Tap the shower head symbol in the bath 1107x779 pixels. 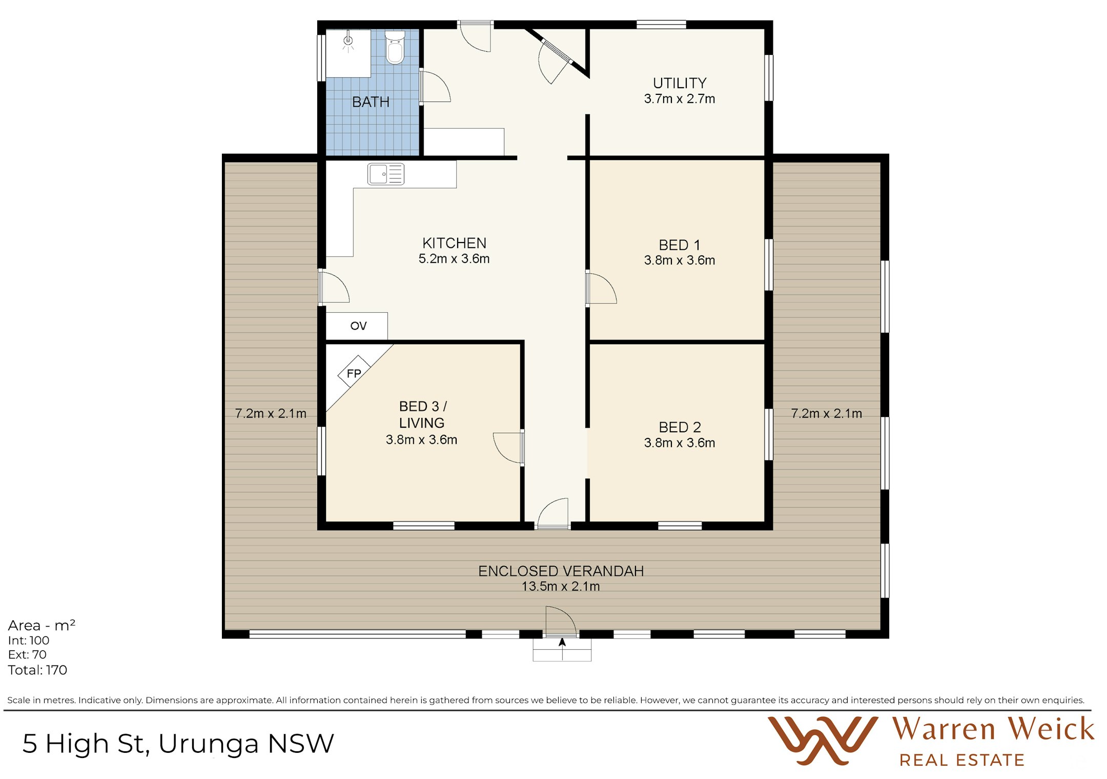click(348, 41)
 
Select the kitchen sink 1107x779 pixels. click(386, 174)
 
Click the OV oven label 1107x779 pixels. click(358, 326)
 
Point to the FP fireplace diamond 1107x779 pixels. click(354, 373)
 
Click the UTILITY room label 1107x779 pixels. click(680, 83)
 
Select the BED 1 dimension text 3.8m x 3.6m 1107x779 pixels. click(679, 261)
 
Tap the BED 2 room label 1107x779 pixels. click(680, 427)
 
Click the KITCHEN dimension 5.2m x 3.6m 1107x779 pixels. click(454, 259)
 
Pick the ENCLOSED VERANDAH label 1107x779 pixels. click(561, 571)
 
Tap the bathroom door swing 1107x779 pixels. click(436, 87)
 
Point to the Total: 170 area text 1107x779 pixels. click(37, 670)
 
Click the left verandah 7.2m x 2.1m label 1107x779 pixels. click(270, 413)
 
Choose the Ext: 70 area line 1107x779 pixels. click(27, 655)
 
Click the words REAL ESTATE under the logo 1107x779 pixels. click(961, 760)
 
